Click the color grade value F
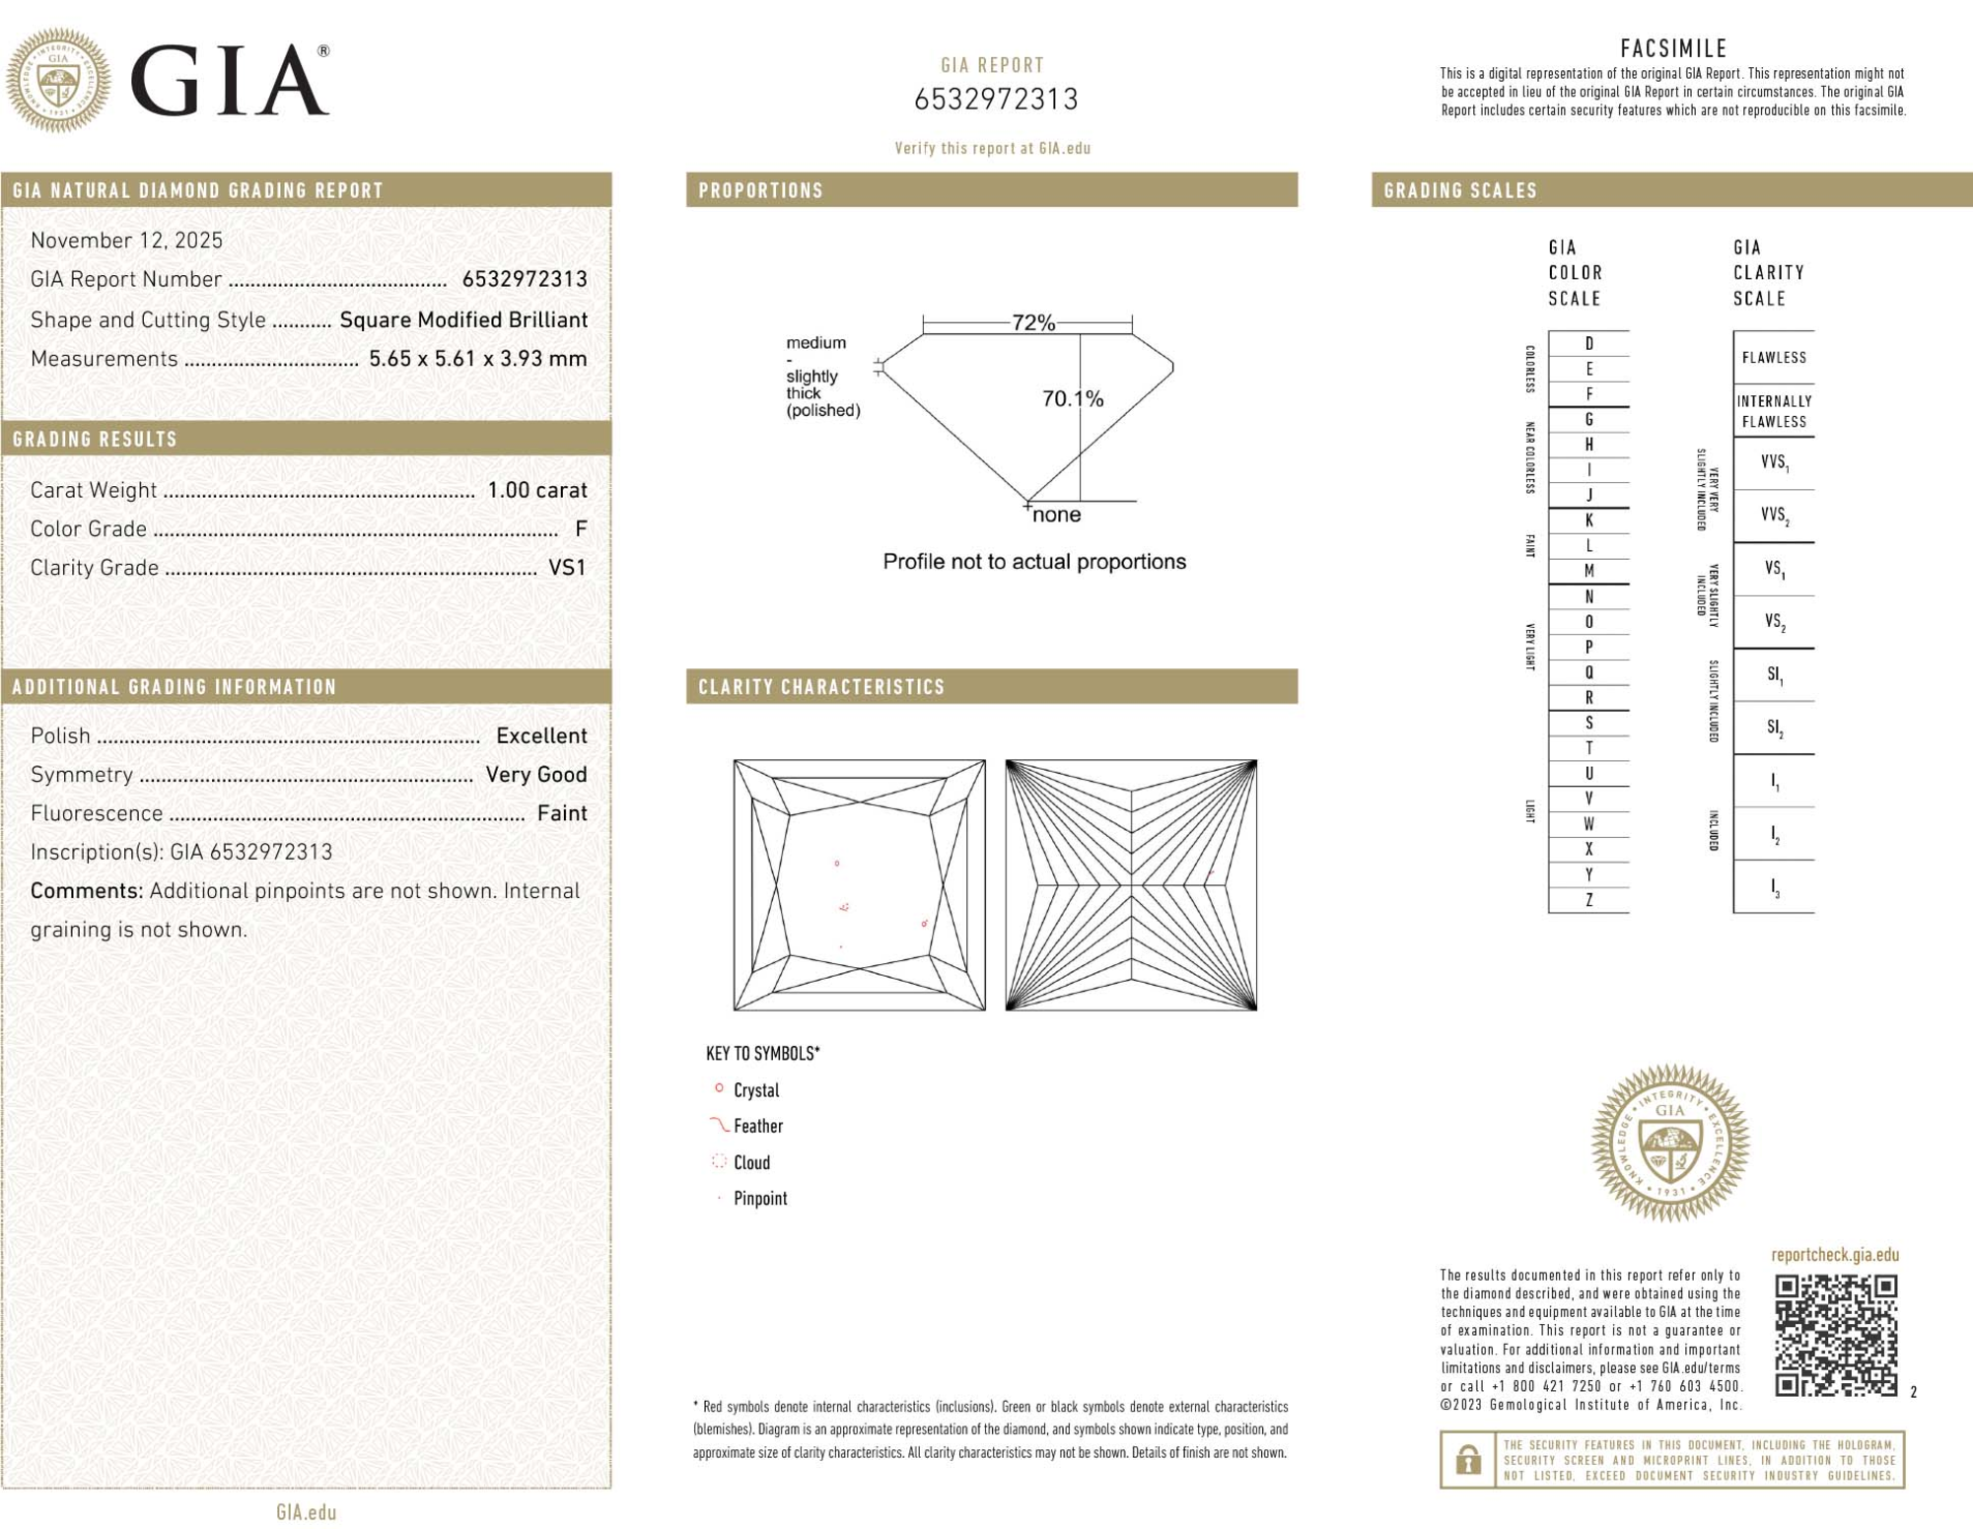pyautogui.click(x=581, y=529)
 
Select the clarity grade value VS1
pyautogui.click(x=567, y=568)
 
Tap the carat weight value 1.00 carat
pyautogui.click(x=536, y=490)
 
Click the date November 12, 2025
pyautogui.click(x=126, y=241)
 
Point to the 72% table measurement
pyautogui.click(x=1032, y=322)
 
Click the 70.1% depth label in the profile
pyautogui.click(x=1072, y=399)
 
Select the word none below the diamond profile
pyautogui.click(x=1056, y=515)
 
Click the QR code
pyautogui.click(x=1835, y=1335)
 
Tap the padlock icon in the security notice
pyautogui.click(x=1467, y=1459)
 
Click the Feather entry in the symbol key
pyautogui.click(x=757, y=1126)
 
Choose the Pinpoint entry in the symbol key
pyautogui.click(x=759, y=1199)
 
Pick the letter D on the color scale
pyautogui.click(x=1588, y=344)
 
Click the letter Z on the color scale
pyautogui.click(x=1588, y=900)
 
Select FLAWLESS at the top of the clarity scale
pyautogui.click(x=1773, y=358)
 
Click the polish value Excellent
pyautogui.click(x=540, y=736)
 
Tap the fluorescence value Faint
pyautogui.click(x=561, y=813)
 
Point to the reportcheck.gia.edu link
pyautogui.click(x=1834, y=1255)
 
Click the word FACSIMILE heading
pyautogui.click(x=1673, y=48)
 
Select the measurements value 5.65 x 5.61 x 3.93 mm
pyautogui.click(x=477, y=359)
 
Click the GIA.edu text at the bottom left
pyautogui.click(x=306, y=1512)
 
